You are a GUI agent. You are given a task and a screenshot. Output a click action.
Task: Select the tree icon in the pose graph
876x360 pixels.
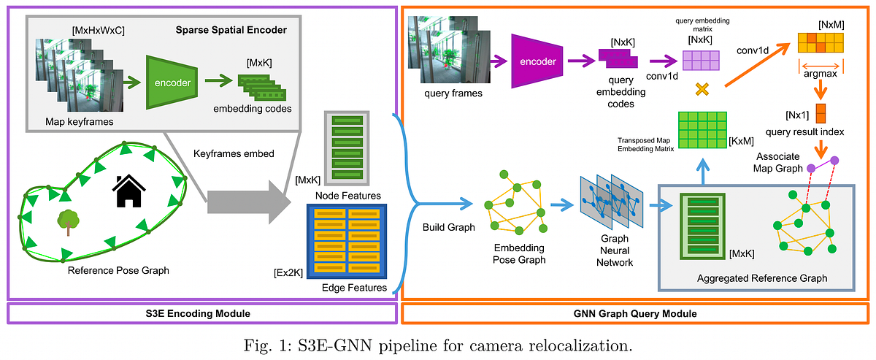point(68,221)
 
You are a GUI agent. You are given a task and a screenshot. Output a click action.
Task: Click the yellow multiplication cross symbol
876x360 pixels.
point(702,91)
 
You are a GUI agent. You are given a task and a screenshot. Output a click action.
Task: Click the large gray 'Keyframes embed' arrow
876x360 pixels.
point(245,199)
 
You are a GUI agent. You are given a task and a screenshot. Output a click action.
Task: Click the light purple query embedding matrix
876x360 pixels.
point(702,59)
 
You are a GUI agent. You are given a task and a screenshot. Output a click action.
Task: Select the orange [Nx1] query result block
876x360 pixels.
point(821,114)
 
